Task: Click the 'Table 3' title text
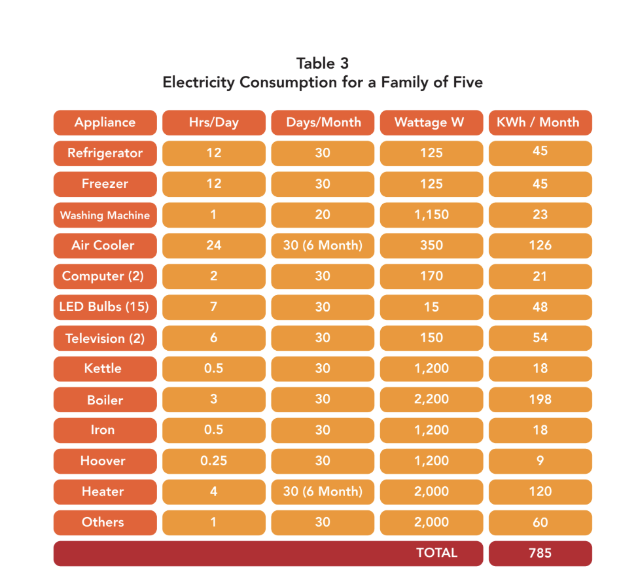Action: tap(322, 63)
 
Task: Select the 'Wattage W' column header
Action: tap(431, 122)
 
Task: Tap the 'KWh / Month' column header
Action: tap(540, 122)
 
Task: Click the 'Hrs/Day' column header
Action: tap(213, 122)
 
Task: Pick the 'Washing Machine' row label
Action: tap(105, 215)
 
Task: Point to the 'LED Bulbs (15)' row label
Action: tap(105, 307)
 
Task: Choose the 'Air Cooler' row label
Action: tap(105, 245)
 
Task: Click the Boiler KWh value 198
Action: tap(540, 399)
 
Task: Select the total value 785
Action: tap(540, 553)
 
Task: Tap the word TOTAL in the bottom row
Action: tap(436, 553)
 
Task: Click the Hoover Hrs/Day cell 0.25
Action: tap(213, 461)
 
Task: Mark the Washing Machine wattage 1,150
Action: tap(431, 215)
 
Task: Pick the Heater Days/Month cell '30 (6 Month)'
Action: tap(323, 491)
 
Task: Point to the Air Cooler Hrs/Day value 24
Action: tap(213, 245)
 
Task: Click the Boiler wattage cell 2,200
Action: tap(431, 399)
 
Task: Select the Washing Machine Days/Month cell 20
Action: tap(323, 215)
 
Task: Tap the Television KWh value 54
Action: tap(540, 338)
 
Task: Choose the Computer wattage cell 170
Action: tap(431, 276)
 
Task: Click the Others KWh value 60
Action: tap(540, 522)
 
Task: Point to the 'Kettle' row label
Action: tap(105, 368)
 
